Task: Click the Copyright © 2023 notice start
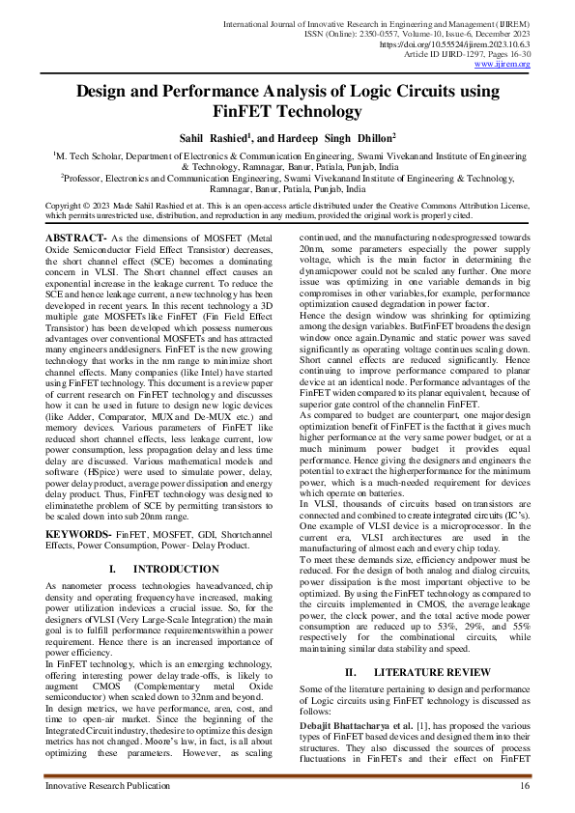point(85,206)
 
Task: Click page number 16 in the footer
point(524,788)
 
